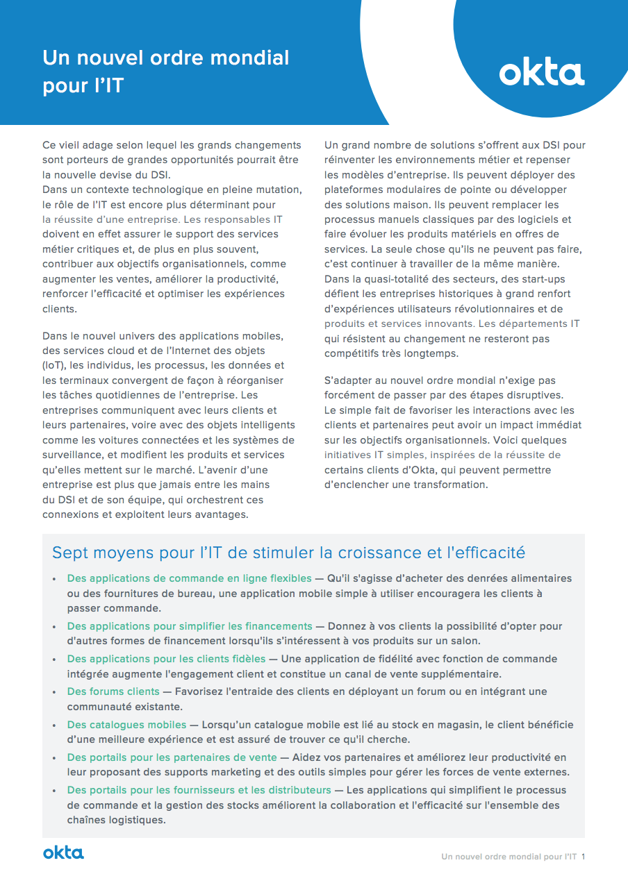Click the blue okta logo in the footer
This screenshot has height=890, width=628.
coord(63,853)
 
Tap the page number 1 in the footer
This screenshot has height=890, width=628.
coord(584,857)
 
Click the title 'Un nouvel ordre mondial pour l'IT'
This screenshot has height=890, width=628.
coord(165,72)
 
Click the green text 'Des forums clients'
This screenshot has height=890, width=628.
coord(113,691)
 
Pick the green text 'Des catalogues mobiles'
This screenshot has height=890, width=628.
coord(126,725)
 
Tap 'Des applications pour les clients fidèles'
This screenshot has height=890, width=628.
coord(166,658)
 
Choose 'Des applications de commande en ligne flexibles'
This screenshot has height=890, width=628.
coord(189,578)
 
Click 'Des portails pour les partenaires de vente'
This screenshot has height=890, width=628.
coord(172,757)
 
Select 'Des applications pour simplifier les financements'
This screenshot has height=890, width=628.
coord(190,626)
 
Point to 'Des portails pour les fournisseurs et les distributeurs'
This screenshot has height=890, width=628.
coord(199,790)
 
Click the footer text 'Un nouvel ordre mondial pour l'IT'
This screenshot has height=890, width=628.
coord(509,857)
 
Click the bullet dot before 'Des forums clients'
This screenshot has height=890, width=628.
coord(56,692)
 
